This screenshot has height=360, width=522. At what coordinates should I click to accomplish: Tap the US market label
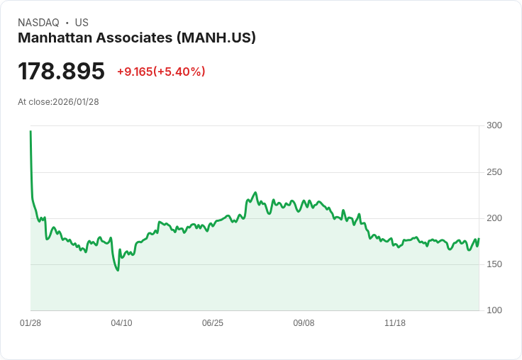tap(82, 23)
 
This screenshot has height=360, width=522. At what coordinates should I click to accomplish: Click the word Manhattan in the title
tap(55, 38)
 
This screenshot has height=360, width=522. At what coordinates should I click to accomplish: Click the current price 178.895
tap(61, 72)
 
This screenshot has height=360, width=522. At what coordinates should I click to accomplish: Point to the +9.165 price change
tap(135, 72)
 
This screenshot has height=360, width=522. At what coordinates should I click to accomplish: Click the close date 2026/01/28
tap(76, 102)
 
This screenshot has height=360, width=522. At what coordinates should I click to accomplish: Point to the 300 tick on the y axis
tap(494, 125)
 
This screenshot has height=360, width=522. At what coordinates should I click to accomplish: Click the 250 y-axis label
tap(494, 172)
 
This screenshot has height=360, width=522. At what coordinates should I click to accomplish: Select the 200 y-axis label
tap(494, 218)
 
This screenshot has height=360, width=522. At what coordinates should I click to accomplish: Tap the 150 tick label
tap(494, 264)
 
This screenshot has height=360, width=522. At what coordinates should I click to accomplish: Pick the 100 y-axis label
tap(494, 310)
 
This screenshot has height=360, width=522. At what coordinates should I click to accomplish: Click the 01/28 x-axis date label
tap(30, 323)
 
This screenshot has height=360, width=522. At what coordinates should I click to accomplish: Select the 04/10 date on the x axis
tap(121, 323)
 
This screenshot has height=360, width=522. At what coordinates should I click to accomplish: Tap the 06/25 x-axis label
tap(213, 323)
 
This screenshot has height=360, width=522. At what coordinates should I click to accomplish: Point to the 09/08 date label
tap(304, 323)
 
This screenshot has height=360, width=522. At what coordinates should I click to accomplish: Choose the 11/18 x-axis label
tap(395, 323)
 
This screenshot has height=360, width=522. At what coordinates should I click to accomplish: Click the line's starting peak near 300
tap(30, 132)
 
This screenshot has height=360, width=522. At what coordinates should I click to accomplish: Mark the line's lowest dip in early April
tap(118, 270)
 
